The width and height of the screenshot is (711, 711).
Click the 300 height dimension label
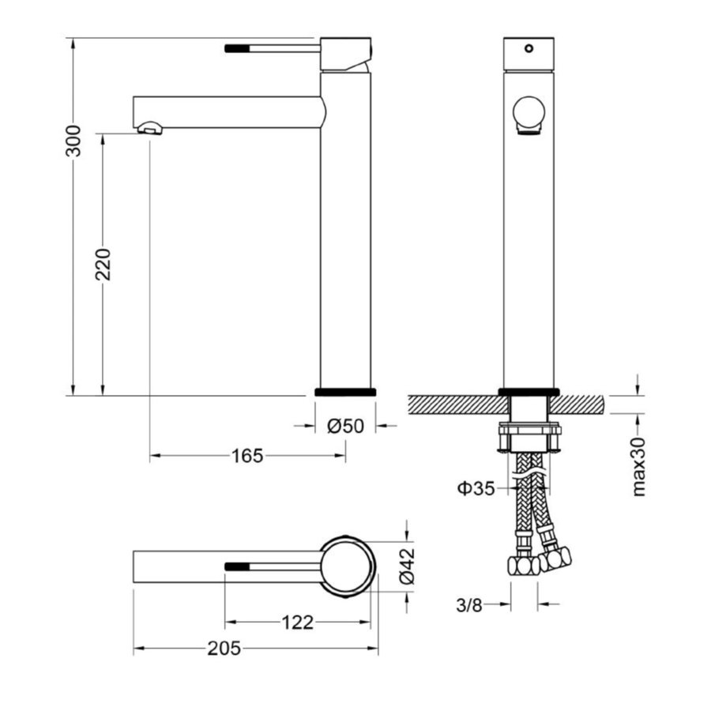[x=73, y=141]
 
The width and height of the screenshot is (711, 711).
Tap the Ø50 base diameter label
[x=345, y=426]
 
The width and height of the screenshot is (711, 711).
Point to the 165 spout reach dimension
[x=246, y=456]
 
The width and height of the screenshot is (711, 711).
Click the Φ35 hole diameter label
[x=476, y=488]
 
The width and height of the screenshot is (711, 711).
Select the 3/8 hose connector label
[x=469, y=605]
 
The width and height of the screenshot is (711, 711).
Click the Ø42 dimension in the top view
[x=406, y=565]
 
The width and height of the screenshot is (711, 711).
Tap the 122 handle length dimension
[x=297, y=623]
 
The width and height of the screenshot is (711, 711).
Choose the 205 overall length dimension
[x=224, y=649]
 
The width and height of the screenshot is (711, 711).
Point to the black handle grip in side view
[x=238, y=48]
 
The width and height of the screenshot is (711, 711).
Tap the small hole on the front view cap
[x=529, y=48]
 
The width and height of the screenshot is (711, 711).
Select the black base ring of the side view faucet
[x=345, y=391]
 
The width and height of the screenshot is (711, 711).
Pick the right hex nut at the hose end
[x=555, y=559]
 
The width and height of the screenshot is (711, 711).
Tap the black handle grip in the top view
[x=238, y=566]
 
